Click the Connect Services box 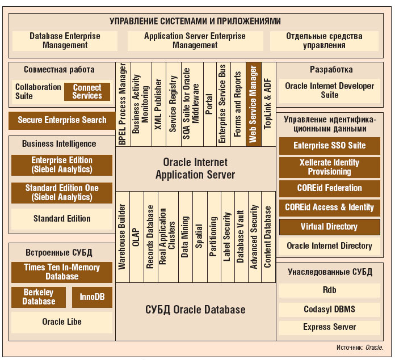coord(87,92)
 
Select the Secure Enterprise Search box coord(62,120)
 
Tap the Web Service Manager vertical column coord(253,104)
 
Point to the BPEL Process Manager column coord(123,104)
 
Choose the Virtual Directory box coord(329,227)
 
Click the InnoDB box coord(92,297)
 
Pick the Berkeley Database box coord(39,297)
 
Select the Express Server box coord(329,327)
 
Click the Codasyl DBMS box coord(329,309)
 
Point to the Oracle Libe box coord(62,322)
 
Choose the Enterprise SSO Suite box coord(329,146)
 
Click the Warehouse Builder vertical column coord(123,237)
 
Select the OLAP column coord(136,237)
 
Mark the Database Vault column coord(241,237)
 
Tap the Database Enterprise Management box coord(65,41)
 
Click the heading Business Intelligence coord(59,144)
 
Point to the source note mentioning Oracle coord(360,348)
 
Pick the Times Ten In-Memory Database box coord(62,272)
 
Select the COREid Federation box coord(329,188)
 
